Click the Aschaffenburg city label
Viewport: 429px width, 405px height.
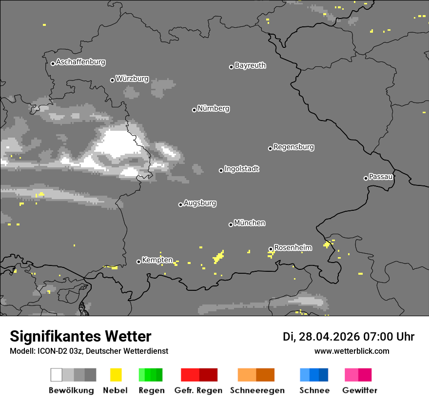coord(80,62)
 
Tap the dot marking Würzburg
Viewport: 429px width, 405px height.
coord(112,80)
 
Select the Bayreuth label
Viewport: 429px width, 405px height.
coord(250,65)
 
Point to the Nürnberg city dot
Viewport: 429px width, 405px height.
coord(194,110)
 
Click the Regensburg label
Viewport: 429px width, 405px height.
coord(293,147)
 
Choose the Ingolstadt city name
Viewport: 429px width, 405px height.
coord(241,169)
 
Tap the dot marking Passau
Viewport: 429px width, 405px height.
coord(366,178)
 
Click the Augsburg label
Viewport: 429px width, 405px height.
coord(200,203)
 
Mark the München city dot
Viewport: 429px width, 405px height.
coord(231,224)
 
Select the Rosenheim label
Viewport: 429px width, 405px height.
coord(292,247)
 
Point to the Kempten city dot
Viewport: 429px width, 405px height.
coord(138,262)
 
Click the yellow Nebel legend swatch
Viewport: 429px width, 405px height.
coord(116,375)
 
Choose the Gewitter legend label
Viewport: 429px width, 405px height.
coord(360,390)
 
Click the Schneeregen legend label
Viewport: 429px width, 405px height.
coord(257,390)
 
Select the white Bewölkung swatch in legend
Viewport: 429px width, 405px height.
coord(57,375)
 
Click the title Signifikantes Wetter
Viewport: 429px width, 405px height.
coord(80,337)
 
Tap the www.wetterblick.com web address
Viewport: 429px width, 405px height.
coord(351,351)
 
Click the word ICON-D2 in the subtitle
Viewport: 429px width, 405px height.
coord(51,351)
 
